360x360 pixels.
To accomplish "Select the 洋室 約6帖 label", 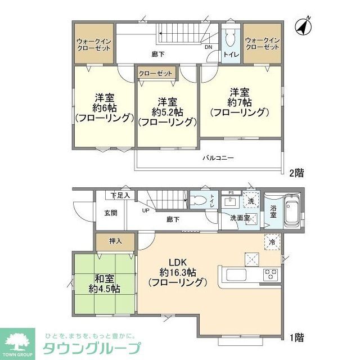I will tap(104, 107).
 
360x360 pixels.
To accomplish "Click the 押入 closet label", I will tap(115, 241).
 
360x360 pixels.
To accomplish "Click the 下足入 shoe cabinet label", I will tap(119, 196).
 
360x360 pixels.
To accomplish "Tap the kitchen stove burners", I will tap(271, 274).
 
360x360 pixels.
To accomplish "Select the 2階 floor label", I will tap(296, 173).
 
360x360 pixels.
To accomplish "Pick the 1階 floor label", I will tap(296, 337).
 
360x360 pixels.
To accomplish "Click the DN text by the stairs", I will tap(208, 47).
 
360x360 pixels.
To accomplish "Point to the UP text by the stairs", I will tap(145, 210).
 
